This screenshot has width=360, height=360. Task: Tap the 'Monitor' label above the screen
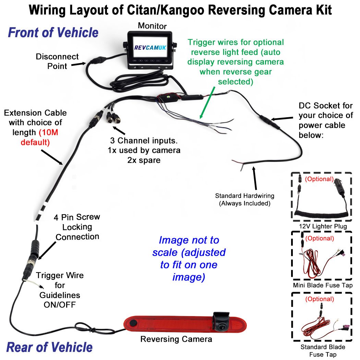152,26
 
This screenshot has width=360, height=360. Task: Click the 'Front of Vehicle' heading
53,33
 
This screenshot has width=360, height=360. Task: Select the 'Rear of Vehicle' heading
49,347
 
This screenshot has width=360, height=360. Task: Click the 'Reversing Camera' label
176,339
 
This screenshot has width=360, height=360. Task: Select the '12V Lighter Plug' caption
322,226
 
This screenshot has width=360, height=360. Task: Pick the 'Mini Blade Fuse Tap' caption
322,285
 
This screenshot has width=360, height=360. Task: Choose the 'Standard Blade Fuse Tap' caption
322,350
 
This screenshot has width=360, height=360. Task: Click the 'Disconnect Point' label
57,61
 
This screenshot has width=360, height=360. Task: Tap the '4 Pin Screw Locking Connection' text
77,227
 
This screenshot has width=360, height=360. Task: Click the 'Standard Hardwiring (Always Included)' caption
244,200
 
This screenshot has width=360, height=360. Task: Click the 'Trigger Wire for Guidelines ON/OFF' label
60,290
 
